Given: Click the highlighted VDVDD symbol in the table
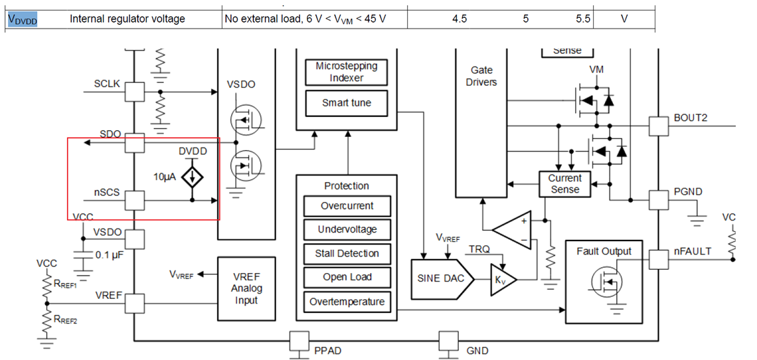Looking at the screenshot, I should coord(23,19).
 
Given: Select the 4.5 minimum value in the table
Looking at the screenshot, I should coord(459,19).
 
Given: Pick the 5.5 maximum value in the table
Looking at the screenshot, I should coord(583,19).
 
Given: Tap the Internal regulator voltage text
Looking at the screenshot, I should coord(127,19).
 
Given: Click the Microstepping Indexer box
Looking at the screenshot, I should coord(346,72).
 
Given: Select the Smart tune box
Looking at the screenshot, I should coord(346,103).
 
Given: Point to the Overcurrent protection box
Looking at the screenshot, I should coord(347,206).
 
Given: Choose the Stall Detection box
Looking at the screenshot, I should coord(347,253).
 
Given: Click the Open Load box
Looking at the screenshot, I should coord(347,277).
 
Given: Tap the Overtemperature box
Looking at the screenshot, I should coord(347,302).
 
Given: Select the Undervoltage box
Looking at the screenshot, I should coord(347,229).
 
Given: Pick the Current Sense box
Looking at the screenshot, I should coord(564,184).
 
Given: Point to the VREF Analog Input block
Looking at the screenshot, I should coord(246,289).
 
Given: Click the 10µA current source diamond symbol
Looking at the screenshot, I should coord(193,177).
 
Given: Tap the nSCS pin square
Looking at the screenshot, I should coord(135,200).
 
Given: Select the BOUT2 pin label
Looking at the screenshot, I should coord(691,118).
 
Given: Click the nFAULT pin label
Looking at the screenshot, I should coord(693,251).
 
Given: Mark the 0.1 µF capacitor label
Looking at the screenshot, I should coord(112,255).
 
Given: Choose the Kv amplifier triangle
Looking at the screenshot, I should coord(502,277).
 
